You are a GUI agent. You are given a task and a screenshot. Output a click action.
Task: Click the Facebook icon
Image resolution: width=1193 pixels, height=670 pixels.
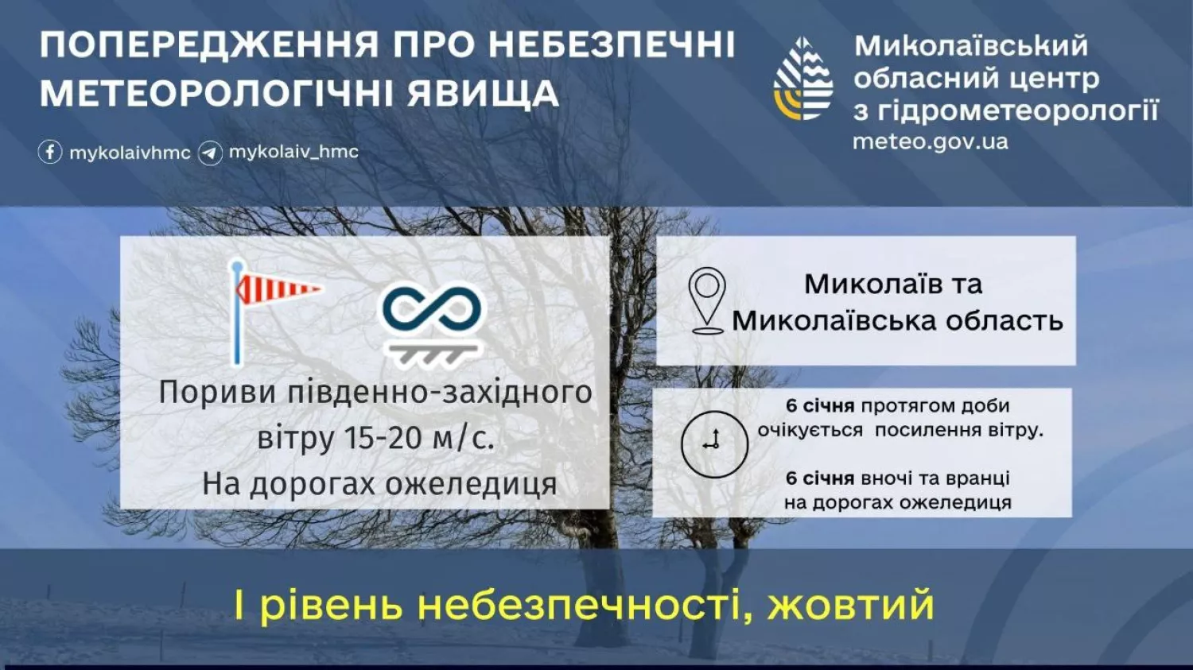50,152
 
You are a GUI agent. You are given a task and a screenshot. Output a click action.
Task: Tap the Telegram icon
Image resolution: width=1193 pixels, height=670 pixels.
210,153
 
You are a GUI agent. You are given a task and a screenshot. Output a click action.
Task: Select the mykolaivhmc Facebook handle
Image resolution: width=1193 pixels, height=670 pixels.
130,153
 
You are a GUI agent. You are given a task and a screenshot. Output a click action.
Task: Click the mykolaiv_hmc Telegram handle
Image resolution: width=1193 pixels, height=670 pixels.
293,152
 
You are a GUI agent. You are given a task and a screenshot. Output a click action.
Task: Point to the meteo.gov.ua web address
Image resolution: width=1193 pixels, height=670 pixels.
931,142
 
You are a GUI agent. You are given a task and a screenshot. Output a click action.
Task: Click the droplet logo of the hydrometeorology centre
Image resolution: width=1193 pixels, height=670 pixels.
803,79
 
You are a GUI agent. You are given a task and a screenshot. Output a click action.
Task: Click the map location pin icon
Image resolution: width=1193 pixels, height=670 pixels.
707,300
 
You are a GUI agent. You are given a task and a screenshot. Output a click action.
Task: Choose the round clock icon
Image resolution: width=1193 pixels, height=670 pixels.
714,443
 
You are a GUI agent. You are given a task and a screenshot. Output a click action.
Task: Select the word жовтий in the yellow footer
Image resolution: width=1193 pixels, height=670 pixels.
850,605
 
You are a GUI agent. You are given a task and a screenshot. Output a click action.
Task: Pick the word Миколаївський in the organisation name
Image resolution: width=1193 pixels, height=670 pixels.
970,46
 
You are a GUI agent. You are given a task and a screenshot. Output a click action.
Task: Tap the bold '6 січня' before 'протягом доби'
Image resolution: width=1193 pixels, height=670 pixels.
820,406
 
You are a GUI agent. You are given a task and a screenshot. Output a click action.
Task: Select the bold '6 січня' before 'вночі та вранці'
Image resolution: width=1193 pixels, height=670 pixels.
820,478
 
